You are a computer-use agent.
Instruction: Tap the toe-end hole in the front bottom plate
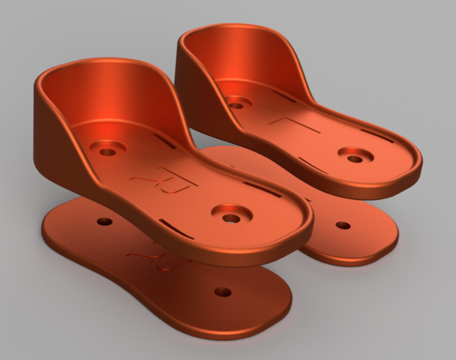[x=223, y=292]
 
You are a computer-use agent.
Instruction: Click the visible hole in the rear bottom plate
[x=343, y=225]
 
